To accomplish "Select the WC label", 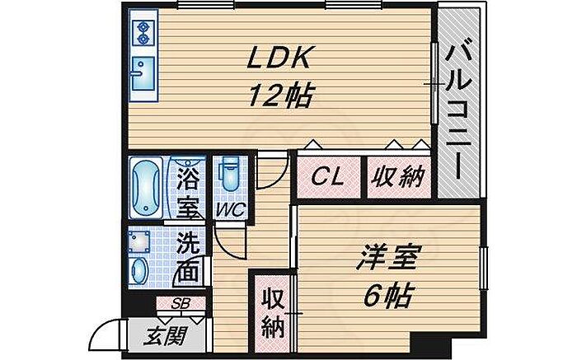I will pos(228,209).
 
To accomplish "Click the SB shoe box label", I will pos(181,303).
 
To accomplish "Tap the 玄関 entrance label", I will pos(166,335).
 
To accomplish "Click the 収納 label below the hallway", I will pos(272,311).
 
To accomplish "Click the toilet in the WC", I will pos(228,174).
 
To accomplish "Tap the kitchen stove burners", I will pos(143,32).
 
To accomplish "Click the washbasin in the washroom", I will pos(141,269).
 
